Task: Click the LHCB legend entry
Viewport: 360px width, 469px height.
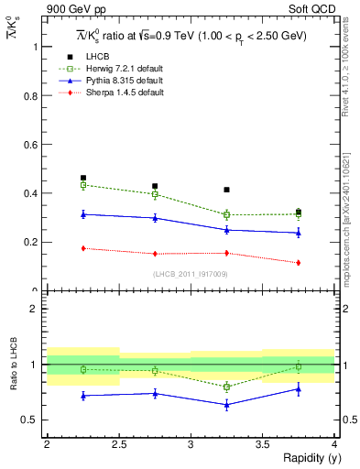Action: pos(97,57)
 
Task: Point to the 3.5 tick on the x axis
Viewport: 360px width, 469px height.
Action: pos(262,445)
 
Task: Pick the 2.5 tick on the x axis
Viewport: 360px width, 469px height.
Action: pos(118,445)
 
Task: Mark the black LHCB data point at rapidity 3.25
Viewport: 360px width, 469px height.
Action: pos(226,190)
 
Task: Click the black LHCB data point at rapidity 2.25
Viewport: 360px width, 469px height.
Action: pos(83,178)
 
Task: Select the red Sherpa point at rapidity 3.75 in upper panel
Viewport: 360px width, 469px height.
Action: pos(299,263)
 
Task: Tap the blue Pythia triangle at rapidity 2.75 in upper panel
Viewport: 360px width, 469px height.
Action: pos(155,218)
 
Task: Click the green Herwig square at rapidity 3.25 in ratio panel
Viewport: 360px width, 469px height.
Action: pos(226,387)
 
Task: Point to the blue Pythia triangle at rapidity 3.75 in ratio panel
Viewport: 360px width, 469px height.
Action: pos(299,389)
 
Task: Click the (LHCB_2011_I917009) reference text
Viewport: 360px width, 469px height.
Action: pos(191,274)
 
